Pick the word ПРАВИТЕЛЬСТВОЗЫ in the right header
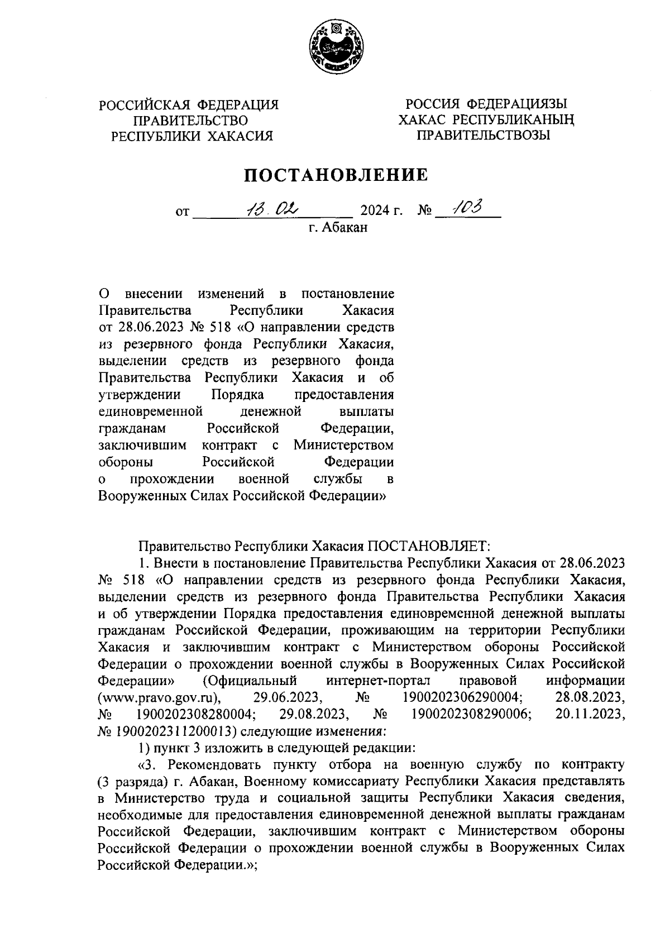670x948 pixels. (x=485, y=135)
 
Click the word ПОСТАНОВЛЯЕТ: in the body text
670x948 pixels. (x=428, y=545)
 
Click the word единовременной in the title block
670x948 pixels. (x=150, y=412)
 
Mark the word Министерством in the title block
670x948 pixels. (x=343, y=446)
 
